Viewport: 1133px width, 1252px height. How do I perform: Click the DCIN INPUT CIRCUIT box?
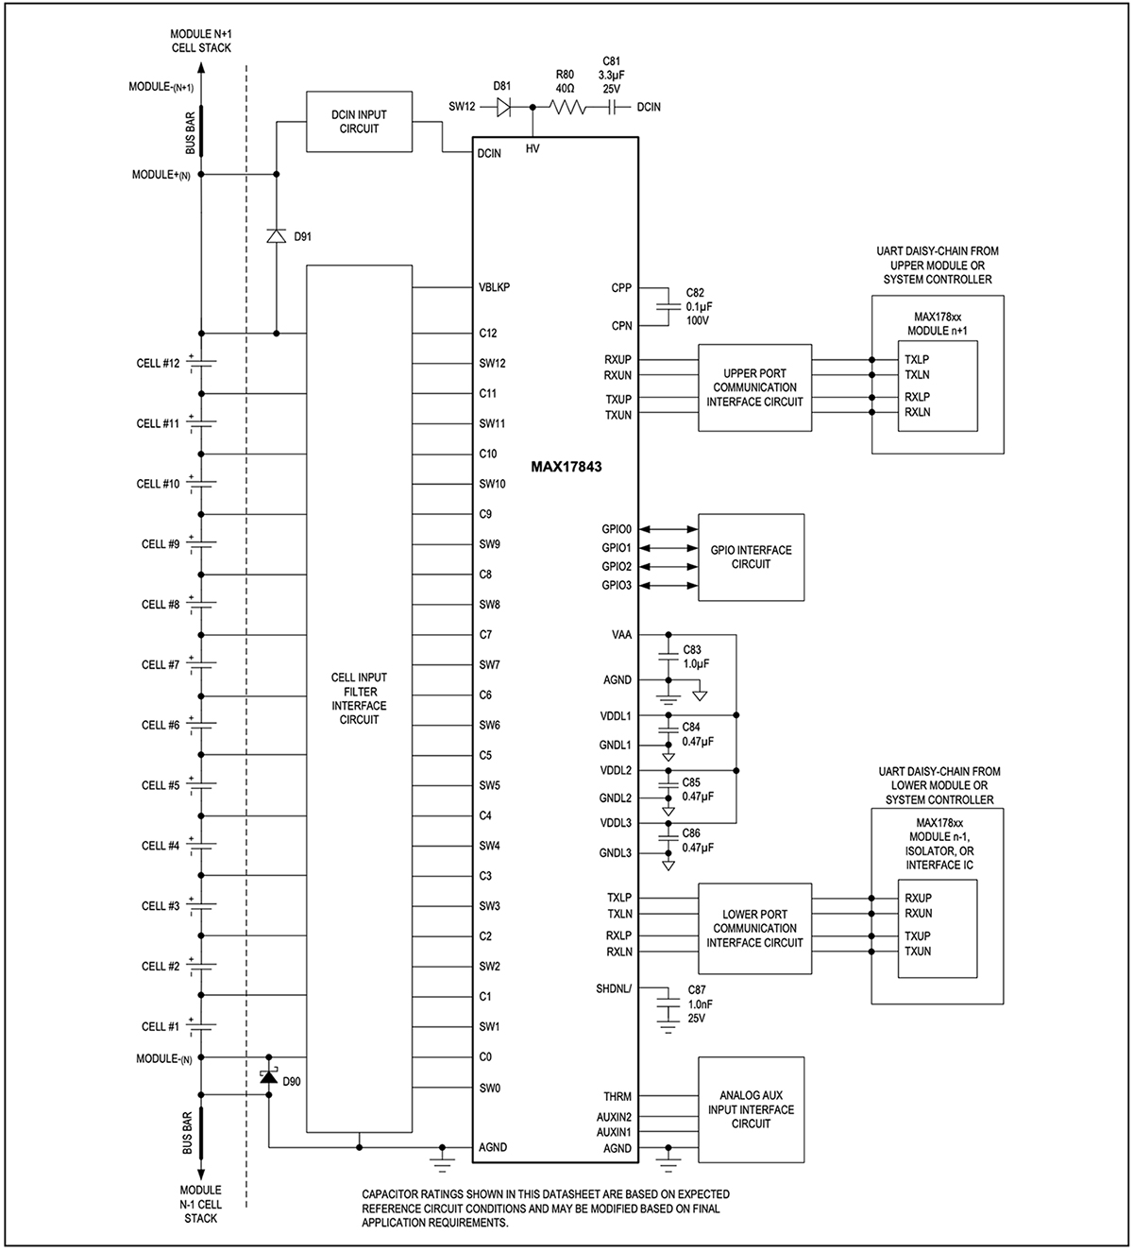click(359, 122)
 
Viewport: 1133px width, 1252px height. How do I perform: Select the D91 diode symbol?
click(276, 236)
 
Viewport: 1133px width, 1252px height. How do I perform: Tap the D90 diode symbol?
click(269, 1076)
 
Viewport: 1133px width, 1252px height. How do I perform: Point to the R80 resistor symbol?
click(565, 108)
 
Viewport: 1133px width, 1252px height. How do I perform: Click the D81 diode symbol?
click(503, 108)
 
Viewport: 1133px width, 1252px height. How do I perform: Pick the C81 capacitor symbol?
click(611, 108)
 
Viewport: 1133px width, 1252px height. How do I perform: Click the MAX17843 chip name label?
click(566, 467)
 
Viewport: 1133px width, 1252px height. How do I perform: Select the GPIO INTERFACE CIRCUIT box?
click(751, 557)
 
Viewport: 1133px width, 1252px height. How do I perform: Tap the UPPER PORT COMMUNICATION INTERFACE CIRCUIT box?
click(754, 388)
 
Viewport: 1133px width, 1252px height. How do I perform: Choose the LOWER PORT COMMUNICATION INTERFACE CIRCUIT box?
click(754, 929)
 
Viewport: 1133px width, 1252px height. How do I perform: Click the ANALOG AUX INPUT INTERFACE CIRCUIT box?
click(751, 1109)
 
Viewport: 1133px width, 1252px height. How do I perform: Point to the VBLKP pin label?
click(495, 287)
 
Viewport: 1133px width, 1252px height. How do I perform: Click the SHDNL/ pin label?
click(614, 988)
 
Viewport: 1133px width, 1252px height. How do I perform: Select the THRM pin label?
click(617, 1097)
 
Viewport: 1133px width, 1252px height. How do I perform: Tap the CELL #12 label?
click(158, 364)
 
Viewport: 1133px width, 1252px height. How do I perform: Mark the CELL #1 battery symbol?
click(201, 1026)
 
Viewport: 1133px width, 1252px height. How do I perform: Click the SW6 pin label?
click(489, 726)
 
